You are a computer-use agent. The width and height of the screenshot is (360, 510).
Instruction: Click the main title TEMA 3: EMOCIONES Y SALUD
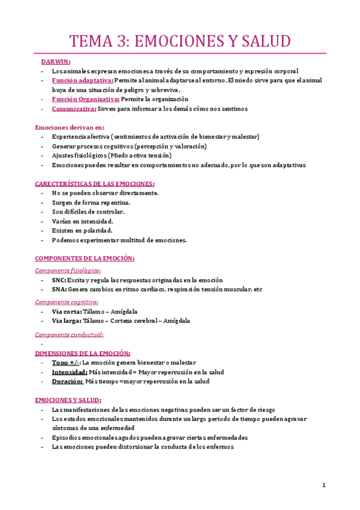(x=180, y=41)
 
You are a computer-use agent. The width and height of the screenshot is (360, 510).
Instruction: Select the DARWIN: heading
(x=55, y=61)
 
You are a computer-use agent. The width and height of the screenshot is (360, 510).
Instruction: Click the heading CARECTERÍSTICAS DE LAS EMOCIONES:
(x=95, y=183)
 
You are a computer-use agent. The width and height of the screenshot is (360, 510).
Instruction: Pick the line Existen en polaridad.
(x=82, y=230)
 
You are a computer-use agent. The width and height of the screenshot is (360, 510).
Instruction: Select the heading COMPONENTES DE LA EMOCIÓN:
(x=85, y=259)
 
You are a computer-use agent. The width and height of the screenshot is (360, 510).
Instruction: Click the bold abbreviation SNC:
(x=59, y=280)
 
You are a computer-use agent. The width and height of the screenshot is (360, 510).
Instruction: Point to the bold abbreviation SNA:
(x=59, y=289)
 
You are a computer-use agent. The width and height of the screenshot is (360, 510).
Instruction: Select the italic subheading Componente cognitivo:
(x=67, y=302)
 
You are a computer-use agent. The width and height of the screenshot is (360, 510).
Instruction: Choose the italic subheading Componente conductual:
(x=69, y=334)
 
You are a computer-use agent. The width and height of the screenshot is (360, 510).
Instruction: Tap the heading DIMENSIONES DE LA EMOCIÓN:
(x=83, y=354)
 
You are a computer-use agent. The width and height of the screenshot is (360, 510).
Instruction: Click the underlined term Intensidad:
(x=69, y=372)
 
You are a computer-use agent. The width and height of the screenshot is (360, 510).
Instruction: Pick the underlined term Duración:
(x=67, y=381)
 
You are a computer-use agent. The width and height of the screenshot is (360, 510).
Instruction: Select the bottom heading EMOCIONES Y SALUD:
(x=68, y=400)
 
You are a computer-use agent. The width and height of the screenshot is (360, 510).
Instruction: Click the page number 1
(x=323, y=485)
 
